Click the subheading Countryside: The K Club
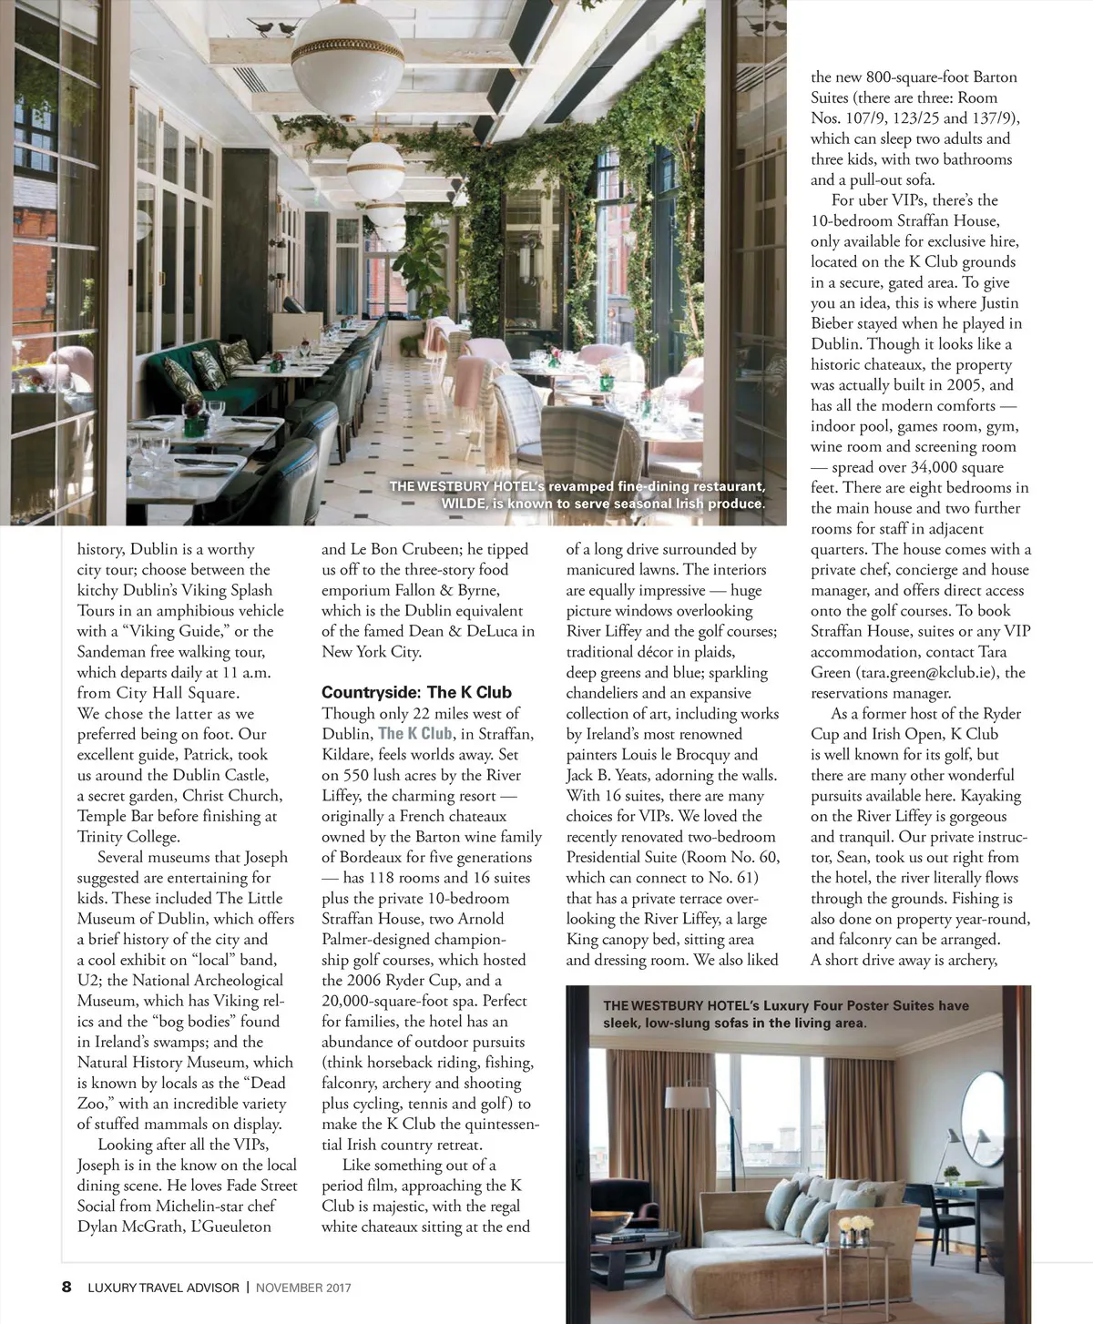416,692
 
